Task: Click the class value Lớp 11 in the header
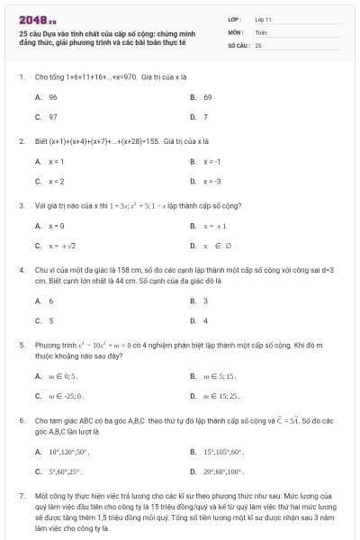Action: click(263, 18)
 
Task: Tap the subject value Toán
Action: click(261, 31)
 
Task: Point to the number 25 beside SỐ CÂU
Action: click(258, 43)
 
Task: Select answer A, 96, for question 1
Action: click(53, 97)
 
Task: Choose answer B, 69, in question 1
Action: click(207, 97)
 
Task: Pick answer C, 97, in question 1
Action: click(53, 117)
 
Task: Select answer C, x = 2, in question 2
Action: click(56, 181)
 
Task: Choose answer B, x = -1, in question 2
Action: click(211, 161)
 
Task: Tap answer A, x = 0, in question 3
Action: click(56, 225)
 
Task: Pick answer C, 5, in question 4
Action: click(50, 320)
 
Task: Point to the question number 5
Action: click(21, 344)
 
